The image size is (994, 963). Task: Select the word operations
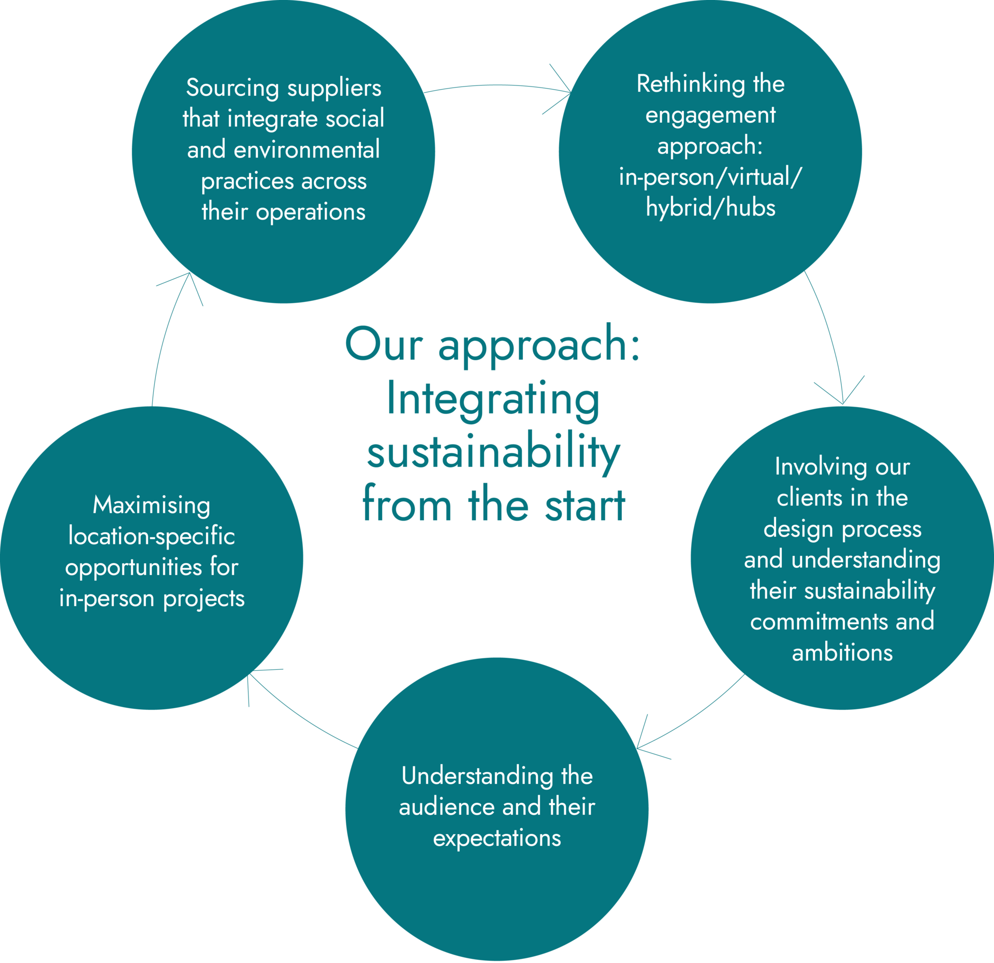click(x=311, y=212)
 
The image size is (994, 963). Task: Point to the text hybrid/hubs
click(x=710, y=208)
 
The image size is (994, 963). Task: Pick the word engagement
click(x=710, y=116)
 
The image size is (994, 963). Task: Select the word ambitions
click(x=842, y=653)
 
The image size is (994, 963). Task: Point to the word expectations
click(x=497, y=838)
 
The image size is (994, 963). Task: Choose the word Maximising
click(x=152, y=505)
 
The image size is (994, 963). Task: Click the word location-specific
click(x=152, y=536)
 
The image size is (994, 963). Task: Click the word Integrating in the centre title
click(x=493, y=399)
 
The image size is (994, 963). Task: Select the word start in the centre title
click(x=585, y=505)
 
